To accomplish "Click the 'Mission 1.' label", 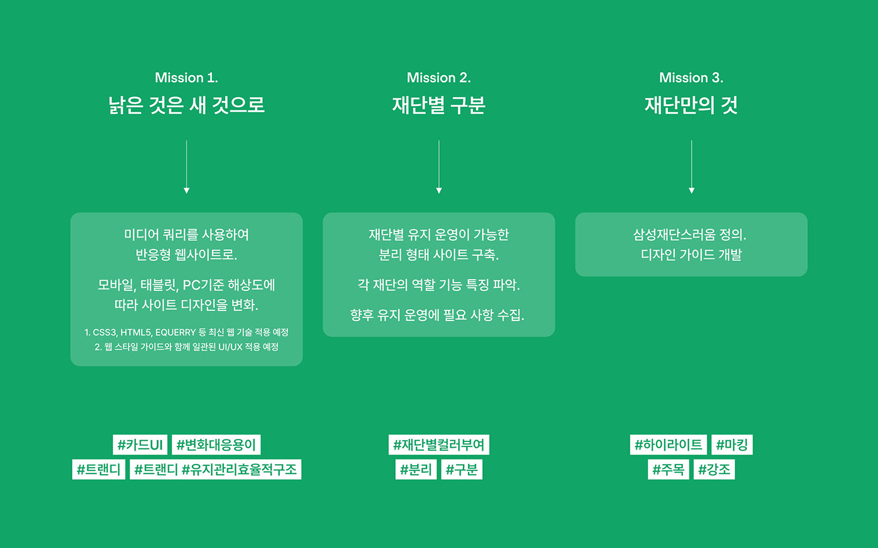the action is (x=186, y=78).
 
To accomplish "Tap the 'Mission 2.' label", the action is (x=438, y=78).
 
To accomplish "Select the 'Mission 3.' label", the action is (x=691, y=78).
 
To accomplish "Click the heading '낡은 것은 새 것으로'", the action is (x=187, y=105).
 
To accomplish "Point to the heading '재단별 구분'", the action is (x=438, y=105).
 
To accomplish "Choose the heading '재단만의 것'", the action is (x=691, y=105).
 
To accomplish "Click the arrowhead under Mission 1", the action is (x=187, y=191).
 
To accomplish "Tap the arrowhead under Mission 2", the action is (x=439, y=191).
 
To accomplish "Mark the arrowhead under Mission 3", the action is (x=691, y=191).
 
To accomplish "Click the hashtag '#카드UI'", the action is (x=140, y=445).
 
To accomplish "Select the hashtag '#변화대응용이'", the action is (x=216, y=445).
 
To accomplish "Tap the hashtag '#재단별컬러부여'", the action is (x=438, y=445).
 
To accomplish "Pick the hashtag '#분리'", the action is (x=416, y=469).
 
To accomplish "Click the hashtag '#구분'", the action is (x=462, y=469).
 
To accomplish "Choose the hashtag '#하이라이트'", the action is (x=669, y=445).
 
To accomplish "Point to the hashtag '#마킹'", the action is (x=732, y=445).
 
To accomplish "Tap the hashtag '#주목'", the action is (x=669, y=469).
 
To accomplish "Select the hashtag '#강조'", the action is (x=714, y=469).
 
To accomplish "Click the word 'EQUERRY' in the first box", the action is (x=175, y=332).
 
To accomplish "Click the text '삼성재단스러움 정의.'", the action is (x=690, y=234).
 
